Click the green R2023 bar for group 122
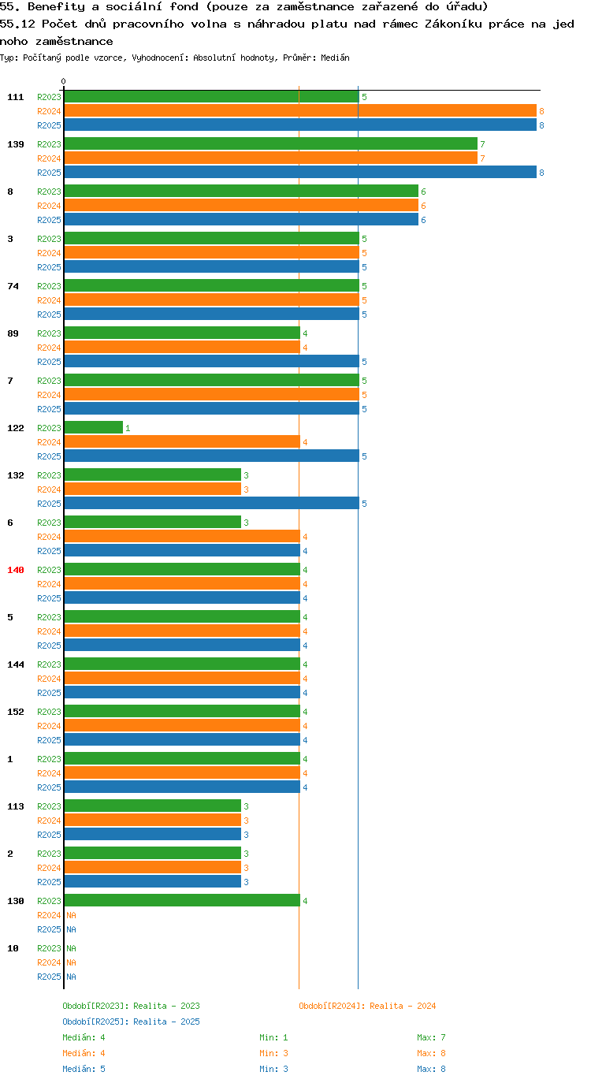[x=94, y=427]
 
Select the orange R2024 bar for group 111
[x=300, y=110]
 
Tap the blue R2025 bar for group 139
[x=300, y=172]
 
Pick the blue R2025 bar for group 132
[x=212, y=504]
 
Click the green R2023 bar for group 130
[x=182, y=900]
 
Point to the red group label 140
[x=16, y=570]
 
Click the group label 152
[x=16, y=712]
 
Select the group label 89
[x=13, y=333]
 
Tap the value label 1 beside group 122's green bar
[x=128, y=428]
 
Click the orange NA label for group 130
[x=71, y=915]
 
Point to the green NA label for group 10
[x=71, y=948]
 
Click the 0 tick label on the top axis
[x=63, y=81]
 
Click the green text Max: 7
[x=431, y=1037]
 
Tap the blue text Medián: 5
[x=84, y=1069]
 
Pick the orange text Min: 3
[x=273, y=1053]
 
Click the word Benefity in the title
[x=56, y=7]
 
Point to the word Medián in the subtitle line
[x=335, y=58]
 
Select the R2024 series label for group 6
[x=50, y=537]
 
